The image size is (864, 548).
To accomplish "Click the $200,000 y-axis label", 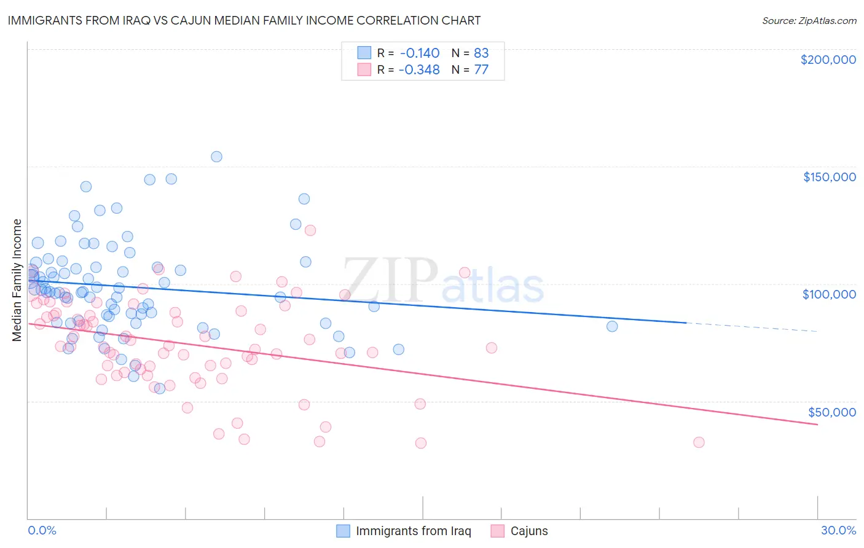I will pos(828,60).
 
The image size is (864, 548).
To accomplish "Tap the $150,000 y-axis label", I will pos(829,177).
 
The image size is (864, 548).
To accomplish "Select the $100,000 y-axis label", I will pos(829,294).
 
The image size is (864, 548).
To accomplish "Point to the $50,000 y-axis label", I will pos(831,412).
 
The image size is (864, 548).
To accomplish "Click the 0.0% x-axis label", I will pos(42,530).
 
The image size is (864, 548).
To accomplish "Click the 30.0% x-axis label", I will pos(838,530).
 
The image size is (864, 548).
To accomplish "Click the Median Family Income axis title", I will pos(17,280).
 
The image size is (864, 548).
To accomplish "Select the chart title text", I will pos(244,20).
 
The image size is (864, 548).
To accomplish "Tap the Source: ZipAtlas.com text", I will pos(809,20).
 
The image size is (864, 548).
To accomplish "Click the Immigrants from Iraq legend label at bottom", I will pos(413,531).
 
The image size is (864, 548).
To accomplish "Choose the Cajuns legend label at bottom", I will pos(528,531).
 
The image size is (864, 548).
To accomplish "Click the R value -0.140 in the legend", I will pos(419,53).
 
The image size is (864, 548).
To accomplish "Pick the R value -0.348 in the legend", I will pos(419,69).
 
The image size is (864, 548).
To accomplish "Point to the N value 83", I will pos(481,53).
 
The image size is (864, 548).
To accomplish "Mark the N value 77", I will pos(481,69).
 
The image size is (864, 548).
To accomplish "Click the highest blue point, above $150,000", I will pos(216,157).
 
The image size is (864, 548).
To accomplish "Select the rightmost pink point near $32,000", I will pos(699,442).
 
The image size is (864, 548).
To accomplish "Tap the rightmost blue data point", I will pos(612,326).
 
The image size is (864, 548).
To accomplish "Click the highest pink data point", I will pos(310,230).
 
